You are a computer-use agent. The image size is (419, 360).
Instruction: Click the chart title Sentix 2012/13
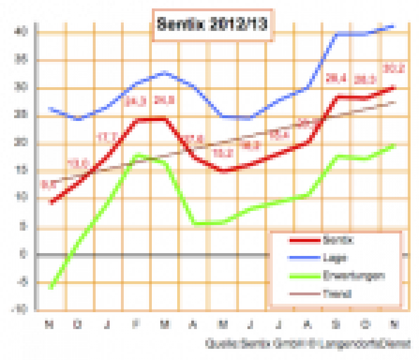211,25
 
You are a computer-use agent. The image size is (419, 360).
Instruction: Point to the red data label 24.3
136,101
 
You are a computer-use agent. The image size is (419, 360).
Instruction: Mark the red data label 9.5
49,183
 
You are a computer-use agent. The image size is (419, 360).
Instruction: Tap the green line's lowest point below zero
51,287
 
